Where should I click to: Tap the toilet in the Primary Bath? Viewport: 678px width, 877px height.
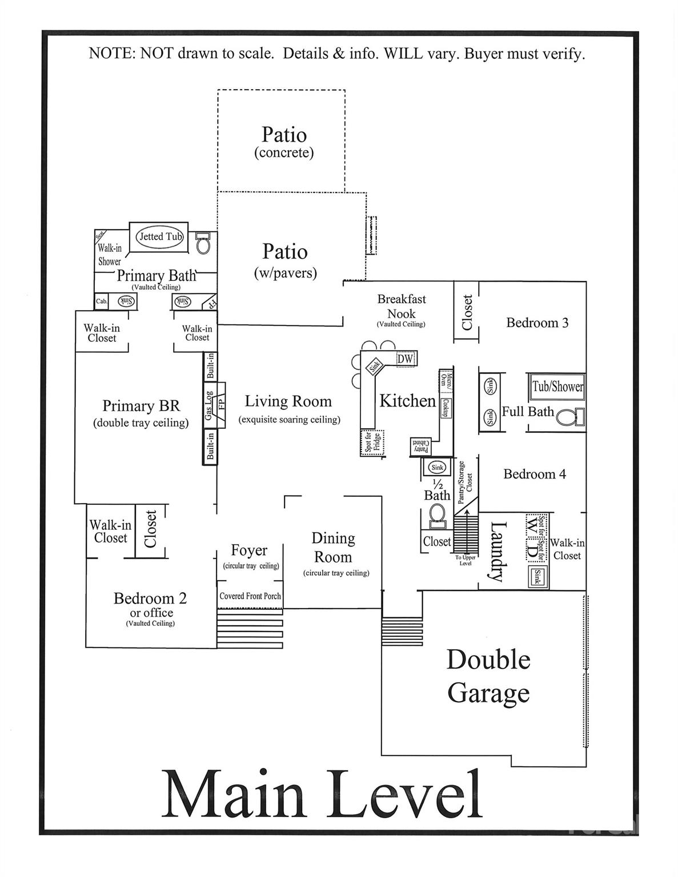(203, 243)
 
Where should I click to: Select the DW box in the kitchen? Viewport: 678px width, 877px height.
(405, 359)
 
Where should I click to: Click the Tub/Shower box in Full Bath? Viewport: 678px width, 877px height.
(557, 386)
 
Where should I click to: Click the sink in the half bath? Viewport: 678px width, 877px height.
(438, 467)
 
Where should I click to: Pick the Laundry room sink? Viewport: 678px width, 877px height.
(536, 577)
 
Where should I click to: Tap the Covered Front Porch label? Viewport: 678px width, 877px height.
(250, 596)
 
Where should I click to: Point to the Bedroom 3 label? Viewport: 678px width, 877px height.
(537, 323)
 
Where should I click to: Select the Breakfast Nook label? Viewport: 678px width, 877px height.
(401, 307)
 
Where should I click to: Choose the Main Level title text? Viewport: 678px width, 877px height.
(323, 795)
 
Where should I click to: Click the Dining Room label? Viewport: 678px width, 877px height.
(333, 548)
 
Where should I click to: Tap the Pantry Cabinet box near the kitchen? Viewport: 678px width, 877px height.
(421, 446)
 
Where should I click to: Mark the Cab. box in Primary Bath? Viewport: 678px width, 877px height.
(102, 301)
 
